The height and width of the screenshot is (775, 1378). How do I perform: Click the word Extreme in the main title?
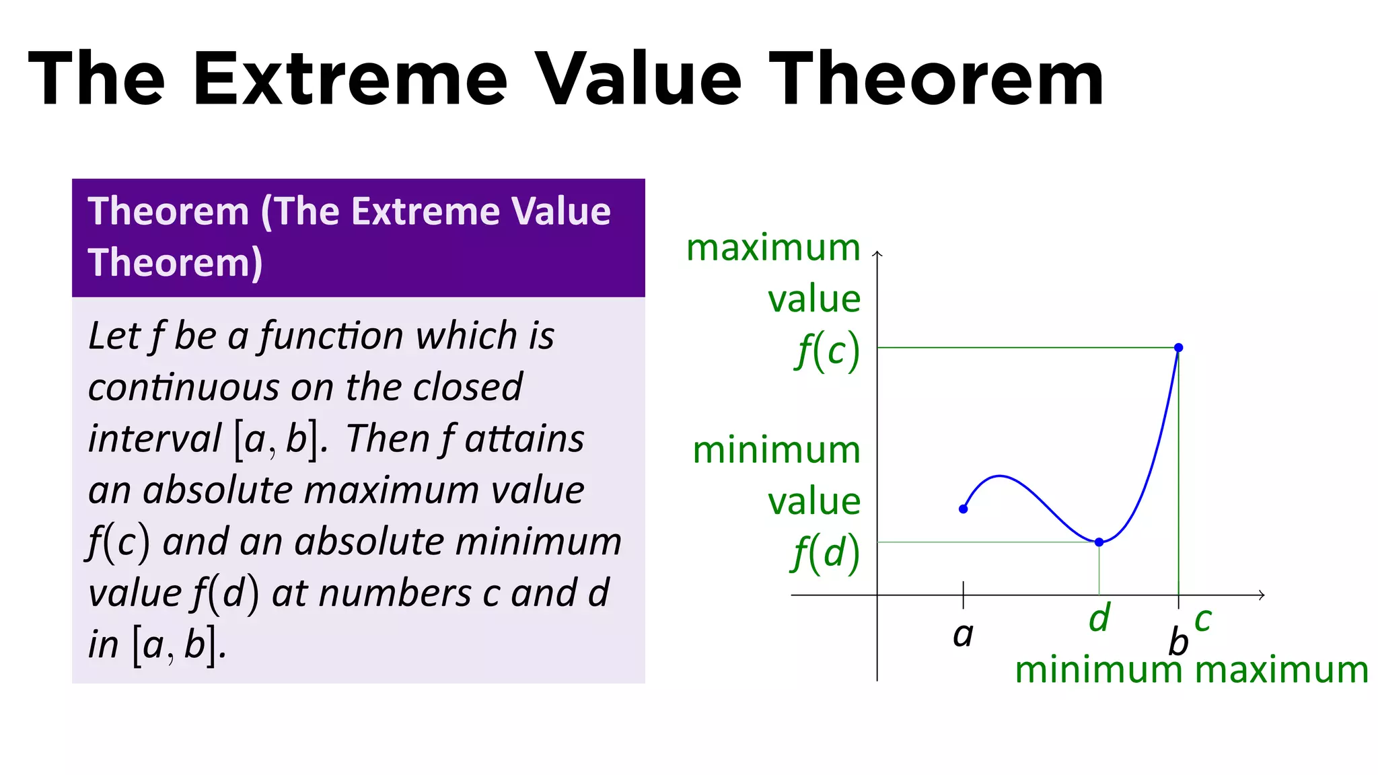[x=350, y=79]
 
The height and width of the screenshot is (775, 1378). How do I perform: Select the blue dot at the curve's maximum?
[x=1178, y=348]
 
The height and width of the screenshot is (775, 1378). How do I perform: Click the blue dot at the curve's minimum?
[x=1099, y=542]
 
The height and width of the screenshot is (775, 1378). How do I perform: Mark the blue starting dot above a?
[x=963, y=509]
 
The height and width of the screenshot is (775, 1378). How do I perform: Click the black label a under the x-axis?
[x=963, y=634]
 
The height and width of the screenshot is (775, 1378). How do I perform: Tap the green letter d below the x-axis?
[x=1099, y=618]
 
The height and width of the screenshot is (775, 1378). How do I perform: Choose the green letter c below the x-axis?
[x=1203, y=620]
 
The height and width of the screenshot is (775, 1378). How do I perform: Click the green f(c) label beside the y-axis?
[x=828, y=351]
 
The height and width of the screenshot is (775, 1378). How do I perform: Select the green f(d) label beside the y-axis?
[x=826, y=554]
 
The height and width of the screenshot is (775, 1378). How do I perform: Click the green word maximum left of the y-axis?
[x=773, y=248]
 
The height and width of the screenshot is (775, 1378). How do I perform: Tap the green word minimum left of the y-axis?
[x=776, y=450]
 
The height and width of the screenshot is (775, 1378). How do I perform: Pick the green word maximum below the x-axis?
[x=1282, y=670]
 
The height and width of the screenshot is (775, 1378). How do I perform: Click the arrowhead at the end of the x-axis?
[x=1262, y=595]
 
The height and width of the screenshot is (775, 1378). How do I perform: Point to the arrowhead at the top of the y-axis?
[x=877, y=254]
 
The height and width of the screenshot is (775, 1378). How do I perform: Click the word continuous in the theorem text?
[x=183, y=387]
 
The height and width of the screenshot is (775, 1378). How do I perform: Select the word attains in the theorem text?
[x=524, y=439]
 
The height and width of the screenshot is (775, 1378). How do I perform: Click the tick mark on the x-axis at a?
[x=963, y=595]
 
